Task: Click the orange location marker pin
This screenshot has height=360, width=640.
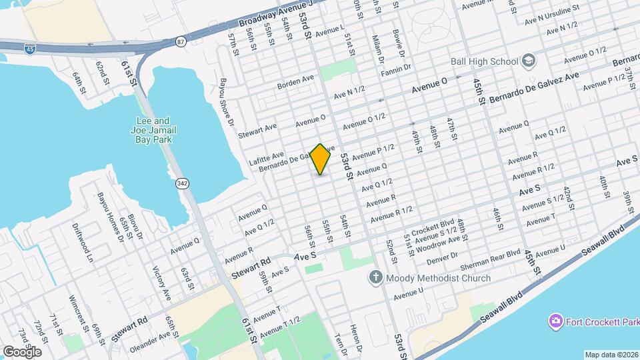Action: [x=321, y=159]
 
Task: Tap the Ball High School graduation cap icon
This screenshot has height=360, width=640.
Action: [x=529, y=61]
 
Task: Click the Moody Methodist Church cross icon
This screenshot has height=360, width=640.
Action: [x=376, y=278]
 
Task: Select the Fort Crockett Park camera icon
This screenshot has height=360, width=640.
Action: [x=555, y=323]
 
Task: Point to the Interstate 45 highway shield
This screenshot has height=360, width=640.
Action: [x=30, y=48]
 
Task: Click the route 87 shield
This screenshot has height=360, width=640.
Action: [x=181, y=41]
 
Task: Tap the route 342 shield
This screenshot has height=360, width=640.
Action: [x=182, y=183]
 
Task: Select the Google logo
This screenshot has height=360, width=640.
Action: [x=22, y=351]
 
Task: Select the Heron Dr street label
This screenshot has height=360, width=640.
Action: [x=355, y=339]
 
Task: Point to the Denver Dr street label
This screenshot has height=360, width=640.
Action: [x=443, y=255]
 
